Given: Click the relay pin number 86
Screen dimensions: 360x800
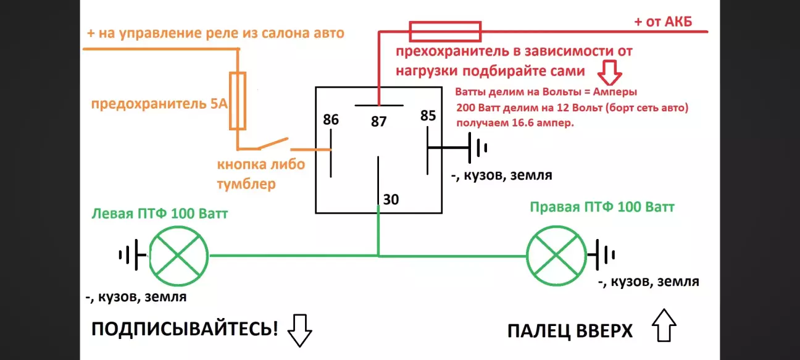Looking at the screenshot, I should click(331, 119).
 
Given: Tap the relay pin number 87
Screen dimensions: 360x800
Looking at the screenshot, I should click(378, 121).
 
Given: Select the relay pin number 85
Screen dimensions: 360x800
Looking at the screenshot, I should click(428, 115).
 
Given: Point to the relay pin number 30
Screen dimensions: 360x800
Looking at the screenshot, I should click(391, 199).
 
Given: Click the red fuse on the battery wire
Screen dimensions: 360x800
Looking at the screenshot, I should click(445, 28).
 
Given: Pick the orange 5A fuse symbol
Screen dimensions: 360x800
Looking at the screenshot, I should click(238, 101).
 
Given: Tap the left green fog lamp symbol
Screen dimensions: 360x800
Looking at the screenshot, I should click(180, 254).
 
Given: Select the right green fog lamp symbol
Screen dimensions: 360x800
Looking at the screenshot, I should click(556, 254).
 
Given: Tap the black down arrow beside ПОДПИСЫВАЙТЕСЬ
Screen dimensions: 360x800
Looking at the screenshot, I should click(301, 330).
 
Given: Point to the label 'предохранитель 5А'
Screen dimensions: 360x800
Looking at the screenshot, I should click(159, 104).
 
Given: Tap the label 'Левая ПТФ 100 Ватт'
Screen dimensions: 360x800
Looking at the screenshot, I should click(159, 214).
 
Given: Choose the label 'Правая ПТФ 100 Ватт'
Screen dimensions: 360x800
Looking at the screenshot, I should click(602, 206).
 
